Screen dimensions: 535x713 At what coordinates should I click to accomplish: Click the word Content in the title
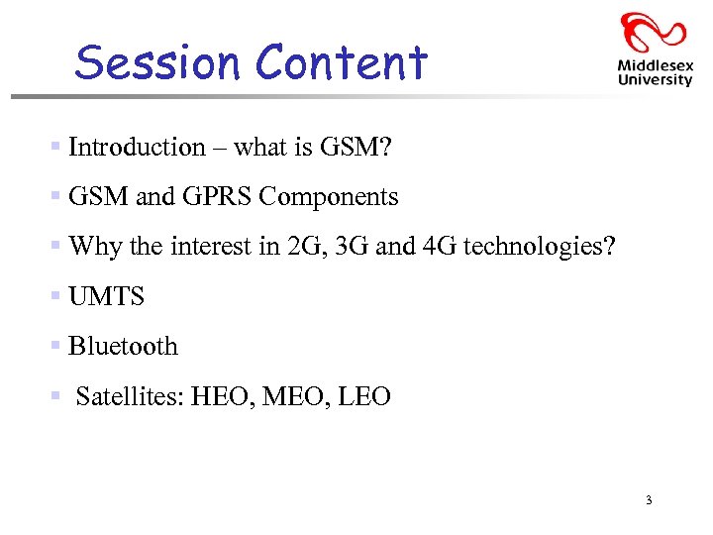[342, 62]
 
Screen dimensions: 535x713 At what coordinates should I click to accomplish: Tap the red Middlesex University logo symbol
[654, 34]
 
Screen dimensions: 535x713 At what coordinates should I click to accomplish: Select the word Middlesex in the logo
[655, 64]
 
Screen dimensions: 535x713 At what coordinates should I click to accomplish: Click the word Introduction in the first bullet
[137, 147]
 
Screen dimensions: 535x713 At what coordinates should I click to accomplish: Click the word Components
[329, 197]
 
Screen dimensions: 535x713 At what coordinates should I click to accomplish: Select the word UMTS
[107, 296]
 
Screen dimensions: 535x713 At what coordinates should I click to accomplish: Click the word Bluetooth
[124, 347]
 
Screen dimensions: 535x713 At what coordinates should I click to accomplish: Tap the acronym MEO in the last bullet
[293, 397]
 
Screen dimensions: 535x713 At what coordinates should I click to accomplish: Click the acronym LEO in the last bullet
[364, 397]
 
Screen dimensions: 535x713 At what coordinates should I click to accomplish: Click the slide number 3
[648, 500]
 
